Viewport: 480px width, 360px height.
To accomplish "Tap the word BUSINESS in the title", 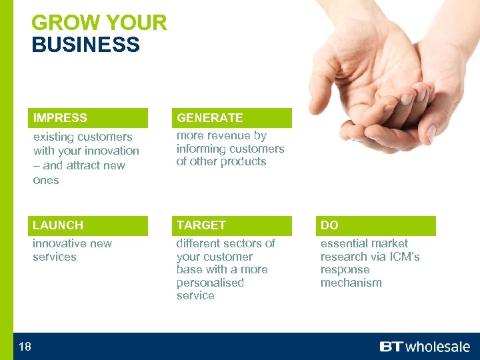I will click(x=85, y=45).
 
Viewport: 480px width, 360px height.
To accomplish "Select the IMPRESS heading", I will click(x=60, y=118).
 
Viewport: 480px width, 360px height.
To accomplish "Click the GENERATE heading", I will click(x=209, y=118).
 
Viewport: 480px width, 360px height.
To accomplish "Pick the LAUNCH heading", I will click(x=58, y=225).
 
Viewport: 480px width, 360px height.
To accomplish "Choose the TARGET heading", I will click(x=201, y=225).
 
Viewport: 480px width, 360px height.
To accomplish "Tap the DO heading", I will click(x=329, y=225).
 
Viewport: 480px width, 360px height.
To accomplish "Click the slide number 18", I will click(x=25, y=346).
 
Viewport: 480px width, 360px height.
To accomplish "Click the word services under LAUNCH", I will click(x=54, y=257).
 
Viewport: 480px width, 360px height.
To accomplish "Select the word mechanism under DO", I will click(x=351, y=283).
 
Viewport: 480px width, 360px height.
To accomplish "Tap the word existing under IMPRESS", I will click(x=55, y=137).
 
